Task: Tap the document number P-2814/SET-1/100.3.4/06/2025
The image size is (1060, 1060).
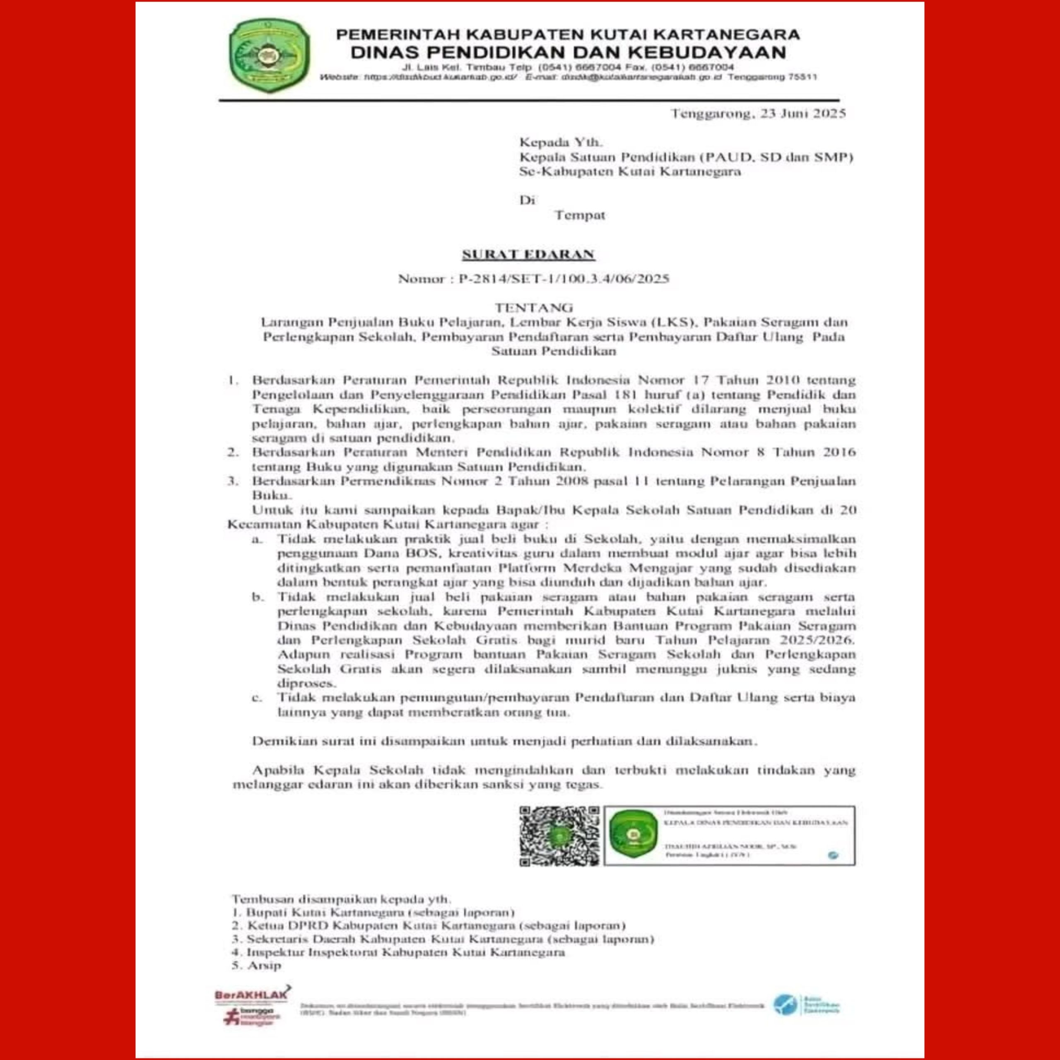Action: coord(564,279)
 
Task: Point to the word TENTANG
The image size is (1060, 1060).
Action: coord(534,307)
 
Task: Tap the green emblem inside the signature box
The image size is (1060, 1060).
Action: coord(633,836)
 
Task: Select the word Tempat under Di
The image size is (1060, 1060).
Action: coord(579,215)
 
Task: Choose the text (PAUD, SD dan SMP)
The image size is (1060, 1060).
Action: coord(777,157)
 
